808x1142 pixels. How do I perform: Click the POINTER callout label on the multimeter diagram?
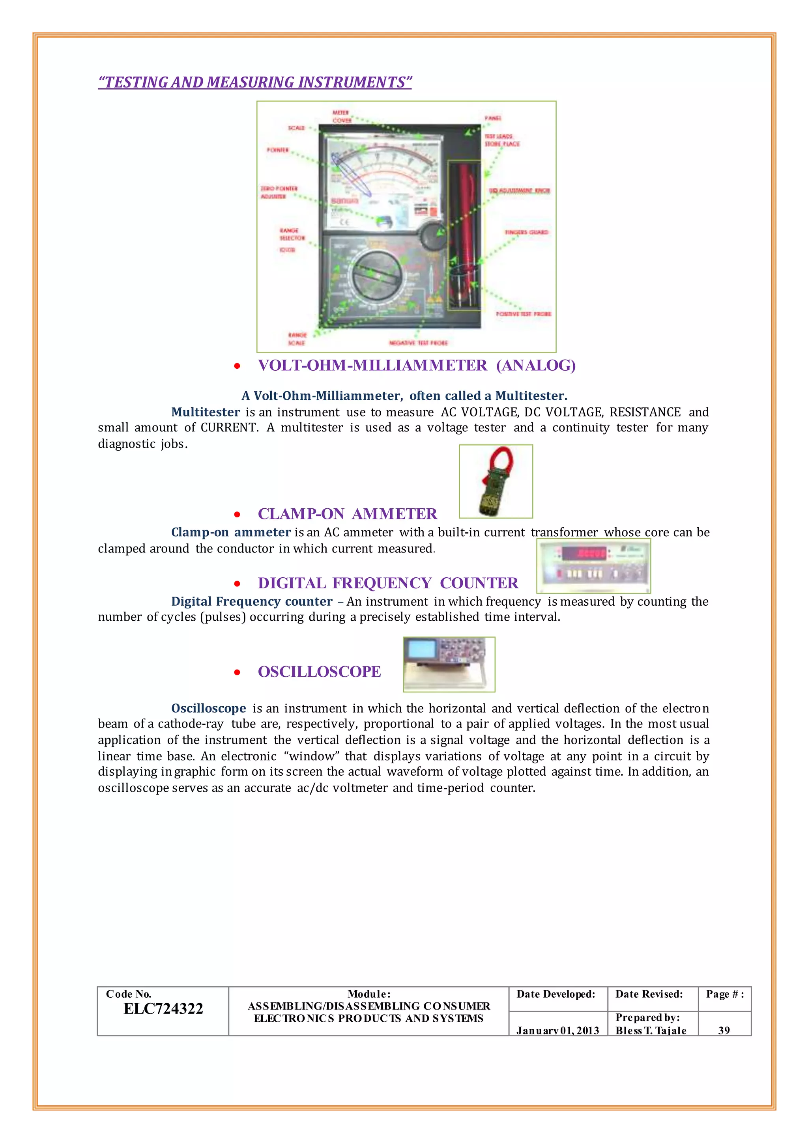click(277, 150)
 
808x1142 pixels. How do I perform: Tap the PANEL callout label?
click(492, 118)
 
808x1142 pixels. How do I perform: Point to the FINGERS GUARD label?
click(526, 232)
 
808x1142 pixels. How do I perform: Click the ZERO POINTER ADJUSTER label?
click(279, 192)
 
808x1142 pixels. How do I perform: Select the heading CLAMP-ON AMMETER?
click(347, 514)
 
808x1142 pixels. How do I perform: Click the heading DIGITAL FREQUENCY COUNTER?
click(387, 583)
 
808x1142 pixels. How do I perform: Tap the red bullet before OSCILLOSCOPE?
click(238, 672)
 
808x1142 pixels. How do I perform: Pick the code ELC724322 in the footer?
click(163, 1008)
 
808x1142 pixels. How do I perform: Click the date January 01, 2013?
click(557, 1030)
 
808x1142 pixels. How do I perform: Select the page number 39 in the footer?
click(724, 1030)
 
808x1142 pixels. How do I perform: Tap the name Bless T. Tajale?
click(651, 1030)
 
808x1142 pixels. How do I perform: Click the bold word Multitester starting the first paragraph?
click(206, 412)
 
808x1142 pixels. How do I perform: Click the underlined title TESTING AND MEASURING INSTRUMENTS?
click(255, 82)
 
